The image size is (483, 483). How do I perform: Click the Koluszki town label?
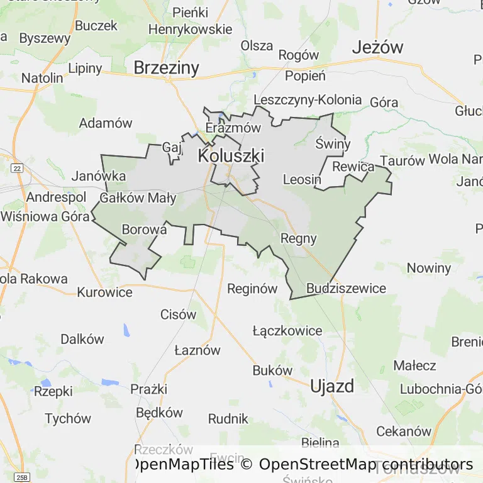231,155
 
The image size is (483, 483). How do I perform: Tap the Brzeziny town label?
166,68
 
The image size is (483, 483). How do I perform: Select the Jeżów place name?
377,47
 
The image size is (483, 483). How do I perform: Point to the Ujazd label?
332,386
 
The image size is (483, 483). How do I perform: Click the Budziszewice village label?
346,288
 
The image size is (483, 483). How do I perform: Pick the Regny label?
298,238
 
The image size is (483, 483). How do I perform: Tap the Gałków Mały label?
138,199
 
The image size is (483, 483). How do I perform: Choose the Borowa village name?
144,230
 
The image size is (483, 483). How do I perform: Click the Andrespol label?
56,197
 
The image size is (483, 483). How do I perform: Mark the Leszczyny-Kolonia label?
308,99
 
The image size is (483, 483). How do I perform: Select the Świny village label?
333,144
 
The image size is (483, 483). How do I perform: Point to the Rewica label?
353,167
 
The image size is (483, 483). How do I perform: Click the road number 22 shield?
17,168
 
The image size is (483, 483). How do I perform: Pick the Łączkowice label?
287,331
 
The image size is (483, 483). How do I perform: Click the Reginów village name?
252,289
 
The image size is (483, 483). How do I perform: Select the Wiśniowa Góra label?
36,215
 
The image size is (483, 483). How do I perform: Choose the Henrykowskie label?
190,29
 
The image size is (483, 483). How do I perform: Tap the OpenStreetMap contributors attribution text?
365,465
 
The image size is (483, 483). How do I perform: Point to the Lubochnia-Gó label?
440,389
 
